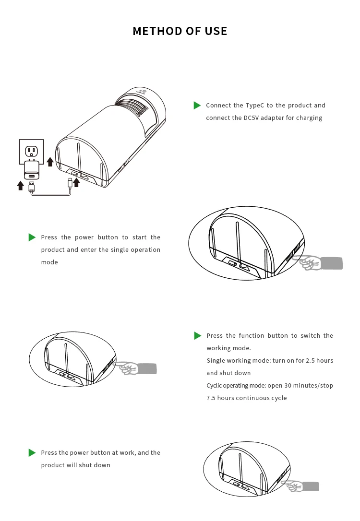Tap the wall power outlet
pyautogui.click(x=31, y=151)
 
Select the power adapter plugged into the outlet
pyautogui.click(x=32, y=170)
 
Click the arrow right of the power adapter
pyautogui.click(x=50, y=161)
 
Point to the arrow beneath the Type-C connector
pyautogui.click(x=76, y=182)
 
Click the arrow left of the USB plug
pyautogui.click(x=20, y=185)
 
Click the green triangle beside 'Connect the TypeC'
pyautogui.click(x=197, y=106)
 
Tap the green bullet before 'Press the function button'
pyautogui.click(x=197, y=336)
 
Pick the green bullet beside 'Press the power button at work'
pyautogui.click(x=32, y=453)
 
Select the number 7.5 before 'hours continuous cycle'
pyautogui.click(x=211, y=398)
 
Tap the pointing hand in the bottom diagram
pyautogui.click(x=295, y=486)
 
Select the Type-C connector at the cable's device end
pyautogui.click(x=70, y=182)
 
